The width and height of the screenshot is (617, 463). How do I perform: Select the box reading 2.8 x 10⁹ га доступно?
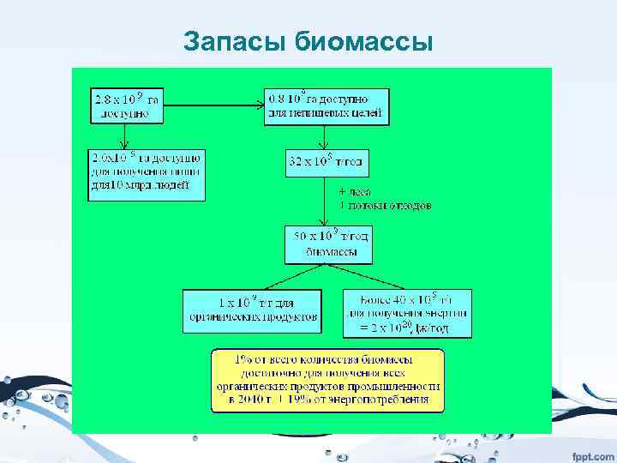[x=127, y=104]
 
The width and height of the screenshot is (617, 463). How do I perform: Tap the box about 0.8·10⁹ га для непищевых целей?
[x=327, y=104]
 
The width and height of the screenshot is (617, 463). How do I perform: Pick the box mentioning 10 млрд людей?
[x=147, y=175]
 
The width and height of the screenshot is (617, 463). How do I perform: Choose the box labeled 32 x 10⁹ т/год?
[x=327, y=161]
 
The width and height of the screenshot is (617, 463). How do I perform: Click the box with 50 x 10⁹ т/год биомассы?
[x=327, y=244]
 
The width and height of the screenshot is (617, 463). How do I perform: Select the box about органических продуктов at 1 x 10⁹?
[x=253, y=310]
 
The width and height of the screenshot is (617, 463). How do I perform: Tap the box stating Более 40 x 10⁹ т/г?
[x=407, y=312]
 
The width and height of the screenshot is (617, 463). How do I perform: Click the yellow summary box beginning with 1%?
[x=327, y=379]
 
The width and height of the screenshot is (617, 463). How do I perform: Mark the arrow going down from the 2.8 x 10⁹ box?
[x=127, y=135]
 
